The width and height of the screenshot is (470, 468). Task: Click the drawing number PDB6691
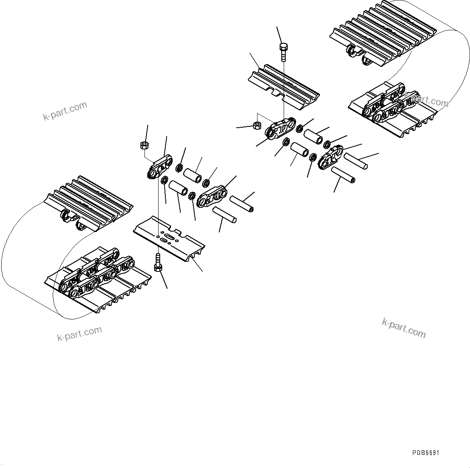coord(425,453)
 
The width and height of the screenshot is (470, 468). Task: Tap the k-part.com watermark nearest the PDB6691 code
coord(403,328)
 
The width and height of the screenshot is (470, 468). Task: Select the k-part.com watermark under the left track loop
coord(79,333)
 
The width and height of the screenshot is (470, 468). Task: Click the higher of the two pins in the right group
coord(355,160)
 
